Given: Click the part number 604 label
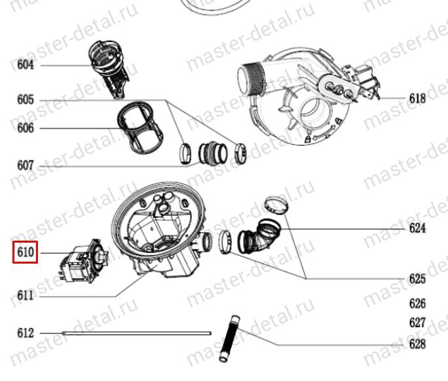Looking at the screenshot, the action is (26, 65).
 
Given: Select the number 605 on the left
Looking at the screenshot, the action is (26, 100).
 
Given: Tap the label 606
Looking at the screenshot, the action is (26, 128).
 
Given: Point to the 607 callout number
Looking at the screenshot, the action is (26, 166).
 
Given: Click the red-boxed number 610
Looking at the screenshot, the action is (26, 252).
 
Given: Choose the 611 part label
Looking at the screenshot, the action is (26, 296).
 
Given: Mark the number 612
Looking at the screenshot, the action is (26, 333).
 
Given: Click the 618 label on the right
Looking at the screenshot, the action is (417, 98).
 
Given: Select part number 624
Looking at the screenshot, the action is (417, 228).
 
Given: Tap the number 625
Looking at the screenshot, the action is (417, 279).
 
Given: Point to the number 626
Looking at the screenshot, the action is (417, 304).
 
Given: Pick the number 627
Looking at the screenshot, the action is (417, 323).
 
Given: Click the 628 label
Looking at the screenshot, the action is (417, 344).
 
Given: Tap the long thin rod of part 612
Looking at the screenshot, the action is (137, 333).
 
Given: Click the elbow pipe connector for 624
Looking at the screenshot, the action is (259, 237).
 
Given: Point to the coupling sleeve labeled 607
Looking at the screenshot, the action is (213, 153).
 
